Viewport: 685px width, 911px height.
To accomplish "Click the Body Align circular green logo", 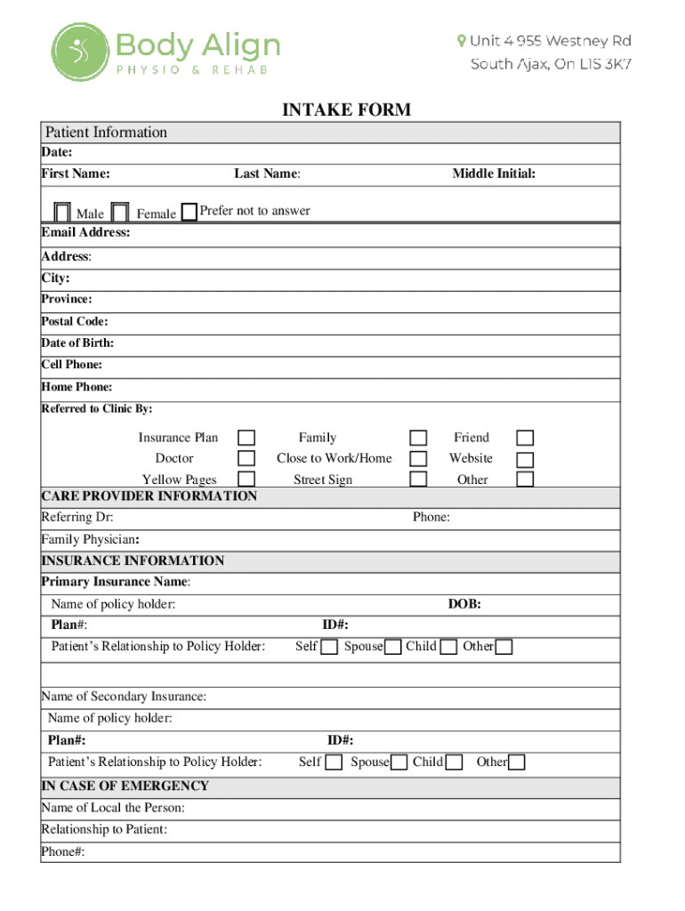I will [x=79, y=52].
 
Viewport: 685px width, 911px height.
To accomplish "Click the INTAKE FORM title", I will [x=346, y=109].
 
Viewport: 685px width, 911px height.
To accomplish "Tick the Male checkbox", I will [x=62, y=213].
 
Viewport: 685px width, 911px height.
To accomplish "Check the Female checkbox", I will [x=122, y=213].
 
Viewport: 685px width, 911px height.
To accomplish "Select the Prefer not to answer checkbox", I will [x=189, y=212].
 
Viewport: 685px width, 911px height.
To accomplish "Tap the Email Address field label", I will [x=85, y=233].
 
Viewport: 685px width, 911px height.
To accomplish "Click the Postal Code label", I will [x=75, y=321].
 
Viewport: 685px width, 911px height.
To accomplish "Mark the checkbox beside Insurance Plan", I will [x=246, y=438].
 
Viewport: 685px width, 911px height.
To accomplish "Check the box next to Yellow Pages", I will [x=246, y=479].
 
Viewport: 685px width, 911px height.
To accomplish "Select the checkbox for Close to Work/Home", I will [x=418, y=458].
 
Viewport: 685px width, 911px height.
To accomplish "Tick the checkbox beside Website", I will [x=526, y=459].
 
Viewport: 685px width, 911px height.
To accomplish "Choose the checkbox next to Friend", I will [x=526, y=438].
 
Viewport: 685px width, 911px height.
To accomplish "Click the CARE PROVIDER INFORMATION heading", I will [x=149, y=496].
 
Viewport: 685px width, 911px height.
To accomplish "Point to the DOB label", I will [x=464, y=604].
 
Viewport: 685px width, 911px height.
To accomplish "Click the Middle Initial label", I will [x=494, y=173].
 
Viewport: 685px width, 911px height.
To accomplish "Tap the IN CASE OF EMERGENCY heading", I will [x=125, y=786].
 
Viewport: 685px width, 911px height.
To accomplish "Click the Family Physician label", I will [x=90, y=539].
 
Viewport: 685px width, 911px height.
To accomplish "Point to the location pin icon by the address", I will [x=461, y=41].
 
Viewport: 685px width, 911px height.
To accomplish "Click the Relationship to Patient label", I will [x=104, y=830].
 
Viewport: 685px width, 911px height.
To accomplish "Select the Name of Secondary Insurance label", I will [x=124, y=697].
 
